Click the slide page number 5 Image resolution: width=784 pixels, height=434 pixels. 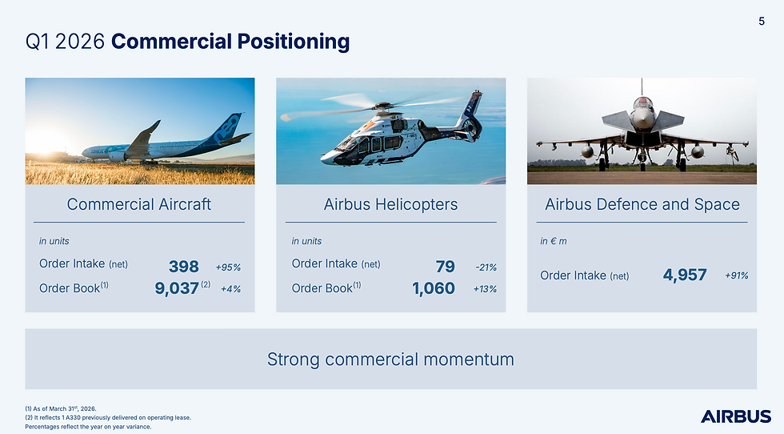tap(762, 21)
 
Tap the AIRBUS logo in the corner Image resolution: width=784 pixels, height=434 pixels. tap(736, 416)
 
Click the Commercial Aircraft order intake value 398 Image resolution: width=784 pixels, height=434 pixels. tap(183, 267)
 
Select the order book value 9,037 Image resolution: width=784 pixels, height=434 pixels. tap(177, 288)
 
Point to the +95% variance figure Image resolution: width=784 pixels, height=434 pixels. tap(228, 267)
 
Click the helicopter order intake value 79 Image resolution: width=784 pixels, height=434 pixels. tap(445, 267)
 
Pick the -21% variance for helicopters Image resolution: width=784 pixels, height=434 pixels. tap(486, 267)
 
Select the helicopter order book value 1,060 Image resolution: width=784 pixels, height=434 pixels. tap(434, 288)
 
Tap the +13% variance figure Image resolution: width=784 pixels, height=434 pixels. tap(485, 289)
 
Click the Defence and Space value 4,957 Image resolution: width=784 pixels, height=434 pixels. tap(685, 275)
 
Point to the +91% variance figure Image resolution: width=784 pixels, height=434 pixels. tap(737, 275)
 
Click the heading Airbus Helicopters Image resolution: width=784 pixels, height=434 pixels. tap(390, 204)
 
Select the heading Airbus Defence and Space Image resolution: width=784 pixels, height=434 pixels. tap(642, 204)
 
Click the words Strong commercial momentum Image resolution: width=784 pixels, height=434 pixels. tap(390, 359)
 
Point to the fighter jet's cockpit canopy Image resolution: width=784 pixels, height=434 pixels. tap(642, 103)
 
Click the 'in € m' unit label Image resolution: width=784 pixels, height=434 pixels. tap(554, 241)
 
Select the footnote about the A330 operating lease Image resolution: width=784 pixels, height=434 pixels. tap(108, 417)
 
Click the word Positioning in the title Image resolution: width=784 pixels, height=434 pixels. tap(293, 42)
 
